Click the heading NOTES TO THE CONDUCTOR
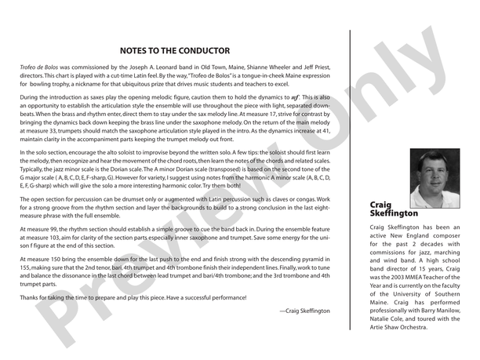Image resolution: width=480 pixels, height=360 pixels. pyautogui.click(x=174, y=51)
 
